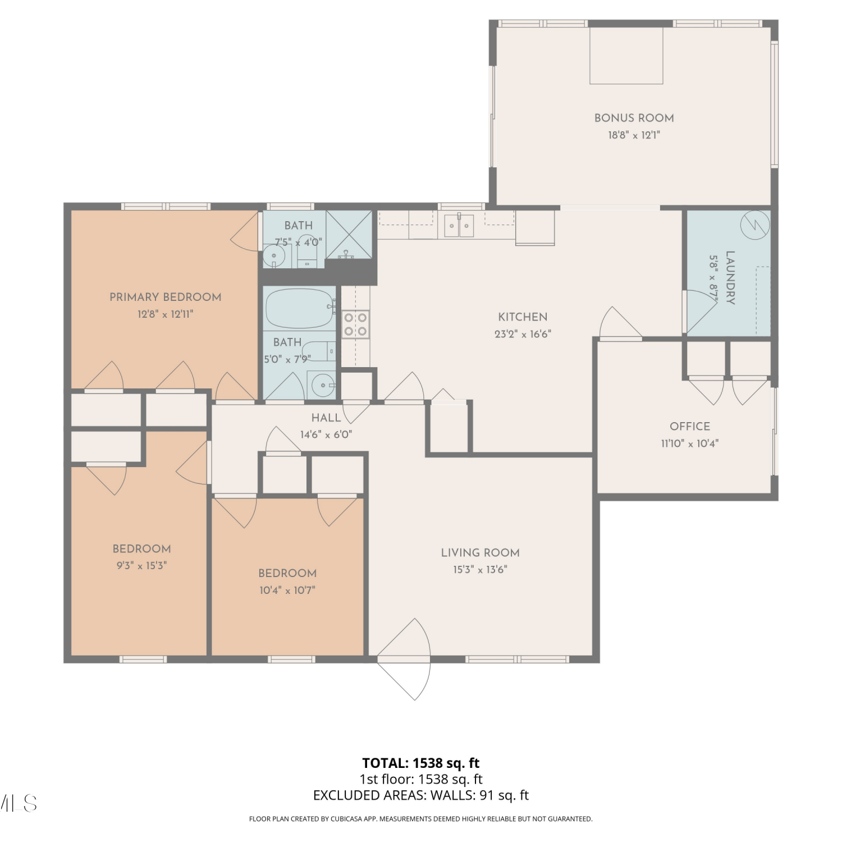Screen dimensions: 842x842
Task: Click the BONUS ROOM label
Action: click(634, 118)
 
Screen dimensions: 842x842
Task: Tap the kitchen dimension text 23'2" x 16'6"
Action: click(523, 334)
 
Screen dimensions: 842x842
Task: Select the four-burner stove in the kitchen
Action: click(355, 324)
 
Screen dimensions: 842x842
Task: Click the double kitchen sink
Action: click(459, 226)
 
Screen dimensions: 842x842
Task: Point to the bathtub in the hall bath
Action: click(300, 308)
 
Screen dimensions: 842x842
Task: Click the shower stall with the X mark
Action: click(349, 235)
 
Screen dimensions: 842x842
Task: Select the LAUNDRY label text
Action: click(730, 277)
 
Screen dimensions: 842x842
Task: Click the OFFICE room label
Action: click(690, 426)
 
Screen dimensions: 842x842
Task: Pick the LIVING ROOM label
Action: click(480, 552)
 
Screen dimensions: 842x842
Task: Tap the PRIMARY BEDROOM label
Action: click(165, 297)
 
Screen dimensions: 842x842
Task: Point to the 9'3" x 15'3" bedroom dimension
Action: click(141, 565)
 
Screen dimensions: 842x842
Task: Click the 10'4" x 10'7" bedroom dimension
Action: click(287, 590)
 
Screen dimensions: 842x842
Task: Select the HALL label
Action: click(326, 418)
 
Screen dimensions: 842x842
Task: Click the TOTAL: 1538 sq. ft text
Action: click(421, 763)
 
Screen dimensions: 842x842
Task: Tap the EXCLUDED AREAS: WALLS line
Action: click(421, 795)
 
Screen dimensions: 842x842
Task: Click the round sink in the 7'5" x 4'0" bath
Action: click(274, 256)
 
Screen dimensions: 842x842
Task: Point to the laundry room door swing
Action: click(701, 312)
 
